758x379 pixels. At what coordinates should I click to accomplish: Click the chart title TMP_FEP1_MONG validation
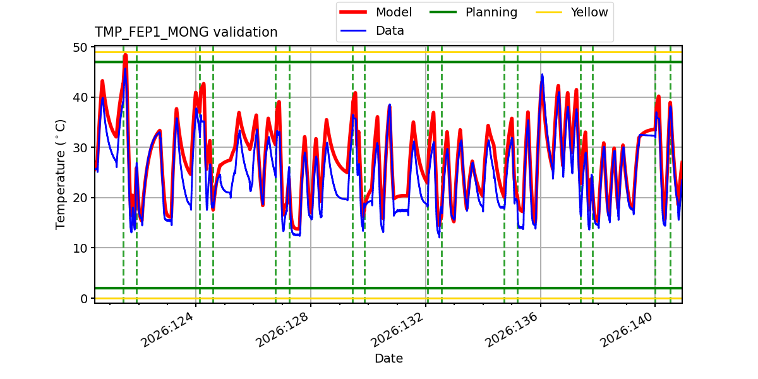pyautogui.click(x=186, y=32)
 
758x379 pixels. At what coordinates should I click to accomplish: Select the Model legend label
pyautogui.click(x=394, y=12)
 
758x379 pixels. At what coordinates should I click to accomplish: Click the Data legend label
pyautogui.click(x=390, y=31)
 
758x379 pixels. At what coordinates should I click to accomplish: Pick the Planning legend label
pyautogui.click(x=491, y=12)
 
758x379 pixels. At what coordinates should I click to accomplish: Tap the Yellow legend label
pyautogui.click(x=589, y=12)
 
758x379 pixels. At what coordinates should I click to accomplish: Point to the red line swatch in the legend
pyautogui.click(x=353, y=12)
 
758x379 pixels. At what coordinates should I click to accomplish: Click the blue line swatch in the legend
pyautogui.click(x=353, y=31)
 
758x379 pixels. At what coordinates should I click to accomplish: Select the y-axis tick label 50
pyautogui.click(x=80, y=47)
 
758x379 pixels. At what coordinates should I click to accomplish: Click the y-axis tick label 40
pyautogui.click(x=80, y=97)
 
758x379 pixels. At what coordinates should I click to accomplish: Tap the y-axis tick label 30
pyautogui.click(x=80, y=148)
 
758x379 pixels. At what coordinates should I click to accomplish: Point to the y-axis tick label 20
pyautogui.click(x=80, y=198)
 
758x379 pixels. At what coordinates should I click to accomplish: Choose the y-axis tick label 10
pyautogui.click(x=80, y=248)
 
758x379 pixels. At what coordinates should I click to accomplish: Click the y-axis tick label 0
pyautogui.click(x=84, y=298)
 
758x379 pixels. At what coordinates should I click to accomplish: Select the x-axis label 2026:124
pyautogui.click(x=167, y=330)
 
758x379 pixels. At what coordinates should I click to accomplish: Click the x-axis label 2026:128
pyautogui.click(x=282, y=330)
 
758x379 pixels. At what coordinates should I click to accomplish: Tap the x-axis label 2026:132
pyautogui.click(x=397, y=330)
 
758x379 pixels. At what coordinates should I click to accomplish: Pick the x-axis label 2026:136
pyautogui.click(x=512, y=330)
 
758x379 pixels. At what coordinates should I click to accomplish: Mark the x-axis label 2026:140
pyautogui.click(x=627, y=330)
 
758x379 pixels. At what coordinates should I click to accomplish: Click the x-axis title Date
pyautogui.click(x=388, y=358)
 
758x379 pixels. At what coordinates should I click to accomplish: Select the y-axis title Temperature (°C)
pyautogui.click(x=60, y=174)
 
